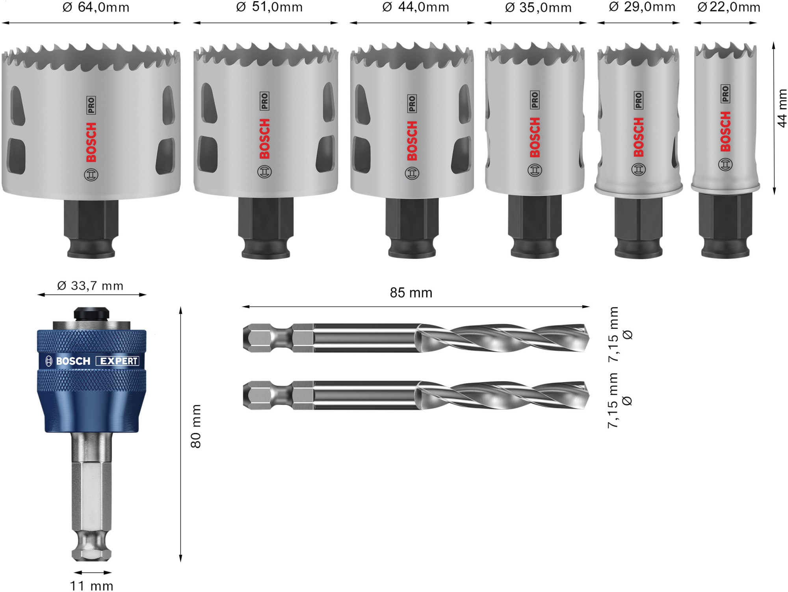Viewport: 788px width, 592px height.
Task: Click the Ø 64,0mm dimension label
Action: [x=96, y=7]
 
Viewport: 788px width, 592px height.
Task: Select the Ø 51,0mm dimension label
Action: [x=269, y=7]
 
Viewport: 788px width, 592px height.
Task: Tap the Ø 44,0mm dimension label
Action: [x=416, y=7]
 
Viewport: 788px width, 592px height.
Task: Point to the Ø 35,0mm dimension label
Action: [x=538, y=7]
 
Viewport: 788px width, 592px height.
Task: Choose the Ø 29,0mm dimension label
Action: [x=642, y=7]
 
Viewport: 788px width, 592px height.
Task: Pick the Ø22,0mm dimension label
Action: [x=729, y=7]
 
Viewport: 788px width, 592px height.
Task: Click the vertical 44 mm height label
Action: [x=782, y=108]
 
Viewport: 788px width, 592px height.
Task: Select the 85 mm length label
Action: [x=411, y=293]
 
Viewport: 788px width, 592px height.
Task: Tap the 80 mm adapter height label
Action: [x=196, y=426]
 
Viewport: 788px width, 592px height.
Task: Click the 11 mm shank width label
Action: [x=91, y=586]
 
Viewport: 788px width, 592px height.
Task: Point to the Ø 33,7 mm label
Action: [x=90, y=286]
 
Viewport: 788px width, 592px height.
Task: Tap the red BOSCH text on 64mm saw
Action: [x=91, y=142]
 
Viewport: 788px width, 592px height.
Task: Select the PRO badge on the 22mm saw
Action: [x=725, y=94]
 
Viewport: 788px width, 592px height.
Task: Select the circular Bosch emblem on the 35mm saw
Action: [x=535, y=170]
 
